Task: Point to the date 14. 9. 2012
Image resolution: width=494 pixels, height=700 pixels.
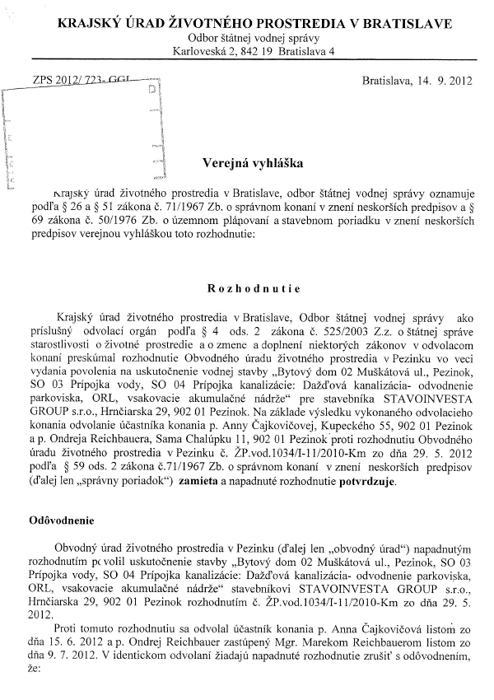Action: [x=427, y=82]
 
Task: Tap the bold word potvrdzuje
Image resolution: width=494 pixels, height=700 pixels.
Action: [x=362, y=482]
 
